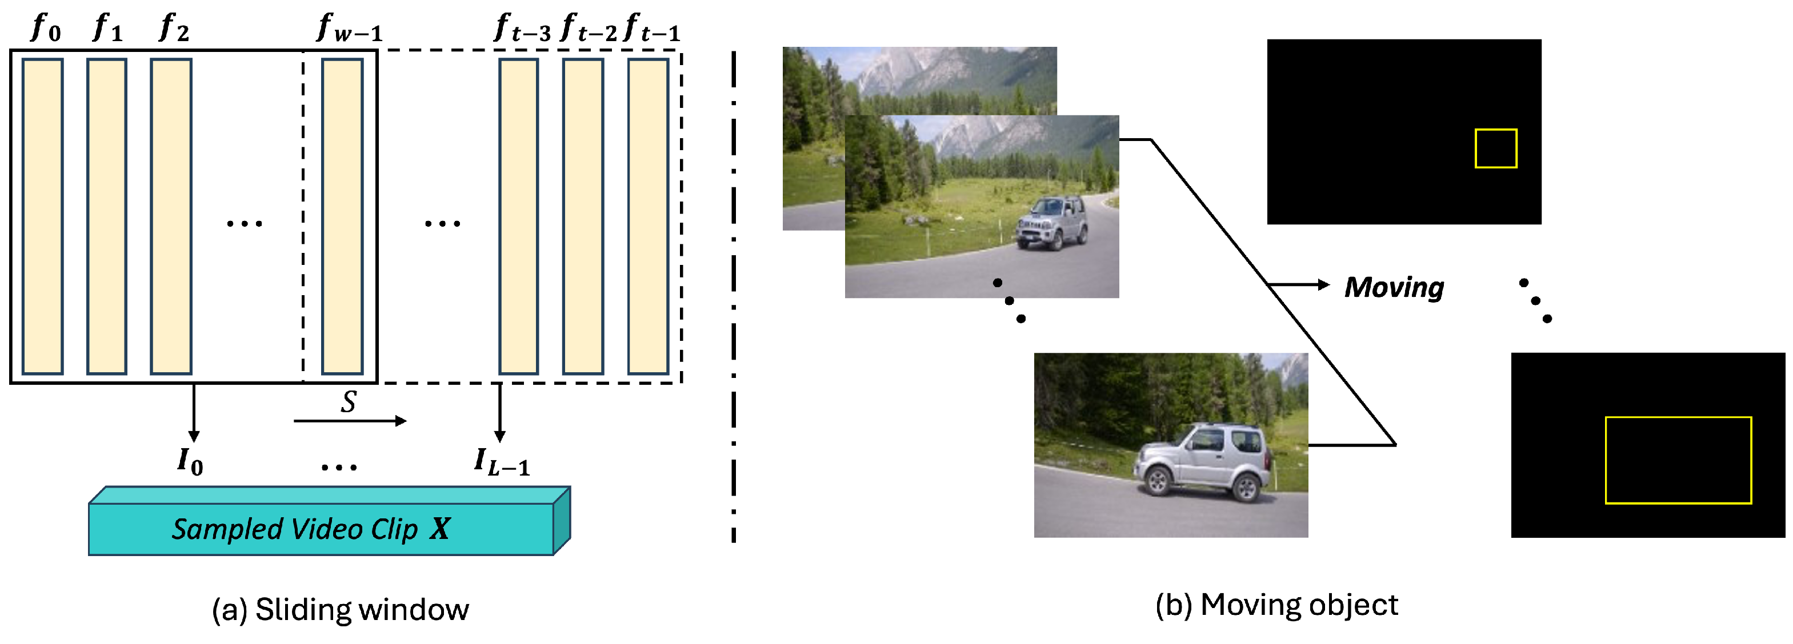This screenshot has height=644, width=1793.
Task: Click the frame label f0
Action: pos(46,28)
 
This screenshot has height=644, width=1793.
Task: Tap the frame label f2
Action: pos(174,28)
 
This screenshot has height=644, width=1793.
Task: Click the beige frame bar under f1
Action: pos(106,216)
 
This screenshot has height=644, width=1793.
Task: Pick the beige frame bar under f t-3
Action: pos(519,216)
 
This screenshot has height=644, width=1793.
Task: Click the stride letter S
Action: pos(349,402)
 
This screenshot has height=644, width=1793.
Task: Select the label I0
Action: pos(190,460)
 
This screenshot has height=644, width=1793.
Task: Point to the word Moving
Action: pos(1394,287)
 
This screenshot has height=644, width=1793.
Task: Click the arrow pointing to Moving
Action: pos(1299,284)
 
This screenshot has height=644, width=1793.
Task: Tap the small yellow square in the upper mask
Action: pos(1496,148)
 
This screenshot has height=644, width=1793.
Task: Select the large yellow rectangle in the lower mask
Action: pos(1678,460)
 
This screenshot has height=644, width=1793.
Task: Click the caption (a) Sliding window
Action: pos(341,609)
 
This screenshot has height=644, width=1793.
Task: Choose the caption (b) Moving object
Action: pos(1276,605)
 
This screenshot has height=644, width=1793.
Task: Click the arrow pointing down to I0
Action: pos(194,413)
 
